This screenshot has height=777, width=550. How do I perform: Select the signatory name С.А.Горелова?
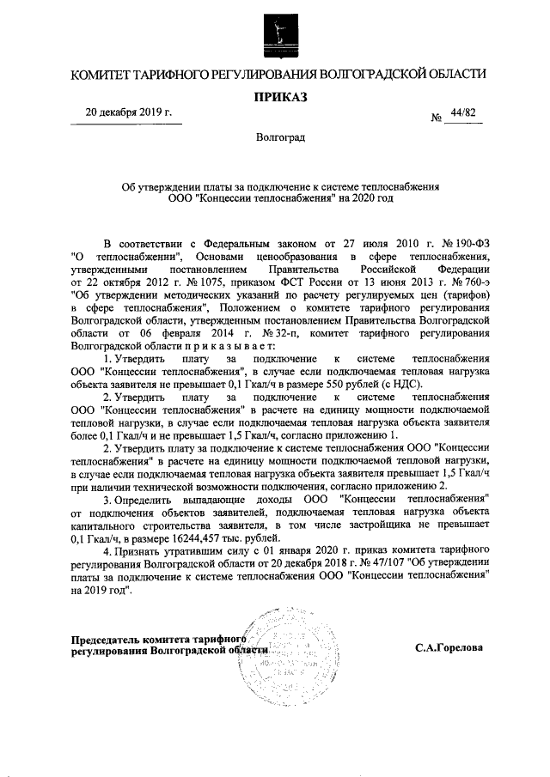pyautogui.click(x=447, y=649)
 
